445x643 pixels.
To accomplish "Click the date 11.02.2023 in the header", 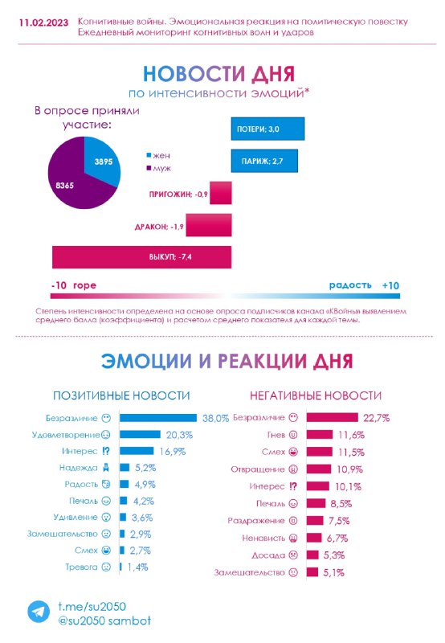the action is click(x=44, y=23).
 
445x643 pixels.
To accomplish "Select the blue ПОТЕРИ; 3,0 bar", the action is click(x=267, y=129).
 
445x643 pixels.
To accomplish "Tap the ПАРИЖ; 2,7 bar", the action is click(x=264, y=161).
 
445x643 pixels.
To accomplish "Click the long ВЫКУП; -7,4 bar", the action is click(x=142, y=257).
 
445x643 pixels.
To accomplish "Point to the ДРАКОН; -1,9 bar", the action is click(x=209, y=225).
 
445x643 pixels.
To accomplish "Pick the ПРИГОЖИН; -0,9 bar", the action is click(x=221, y=193).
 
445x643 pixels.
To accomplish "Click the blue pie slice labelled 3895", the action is click(x=101, y=161).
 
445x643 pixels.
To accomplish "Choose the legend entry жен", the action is click(x=158, y=155).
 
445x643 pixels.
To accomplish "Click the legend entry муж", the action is click(x=159, y=168).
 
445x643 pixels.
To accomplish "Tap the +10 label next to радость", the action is click(x=390, y=285).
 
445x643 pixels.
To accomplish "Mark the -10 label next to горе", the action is click(x=59, y=285).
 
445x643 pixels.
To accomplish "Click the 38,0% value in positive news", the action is click(x=215, y=418).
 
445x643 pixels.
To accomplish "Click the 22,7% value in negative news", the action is click(x=377, y=418).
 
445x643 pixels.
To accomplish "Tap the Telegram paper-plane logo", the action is click(x=39, y=612).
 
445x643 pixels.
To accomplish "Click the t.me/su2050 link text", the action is click(x=92, y=607).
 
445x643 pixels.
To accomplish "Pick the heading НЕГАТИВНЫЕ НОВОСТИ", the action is click(x=316, y=395).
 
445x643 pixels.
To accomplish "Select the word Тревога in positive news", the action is click(x=82, y=567).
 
